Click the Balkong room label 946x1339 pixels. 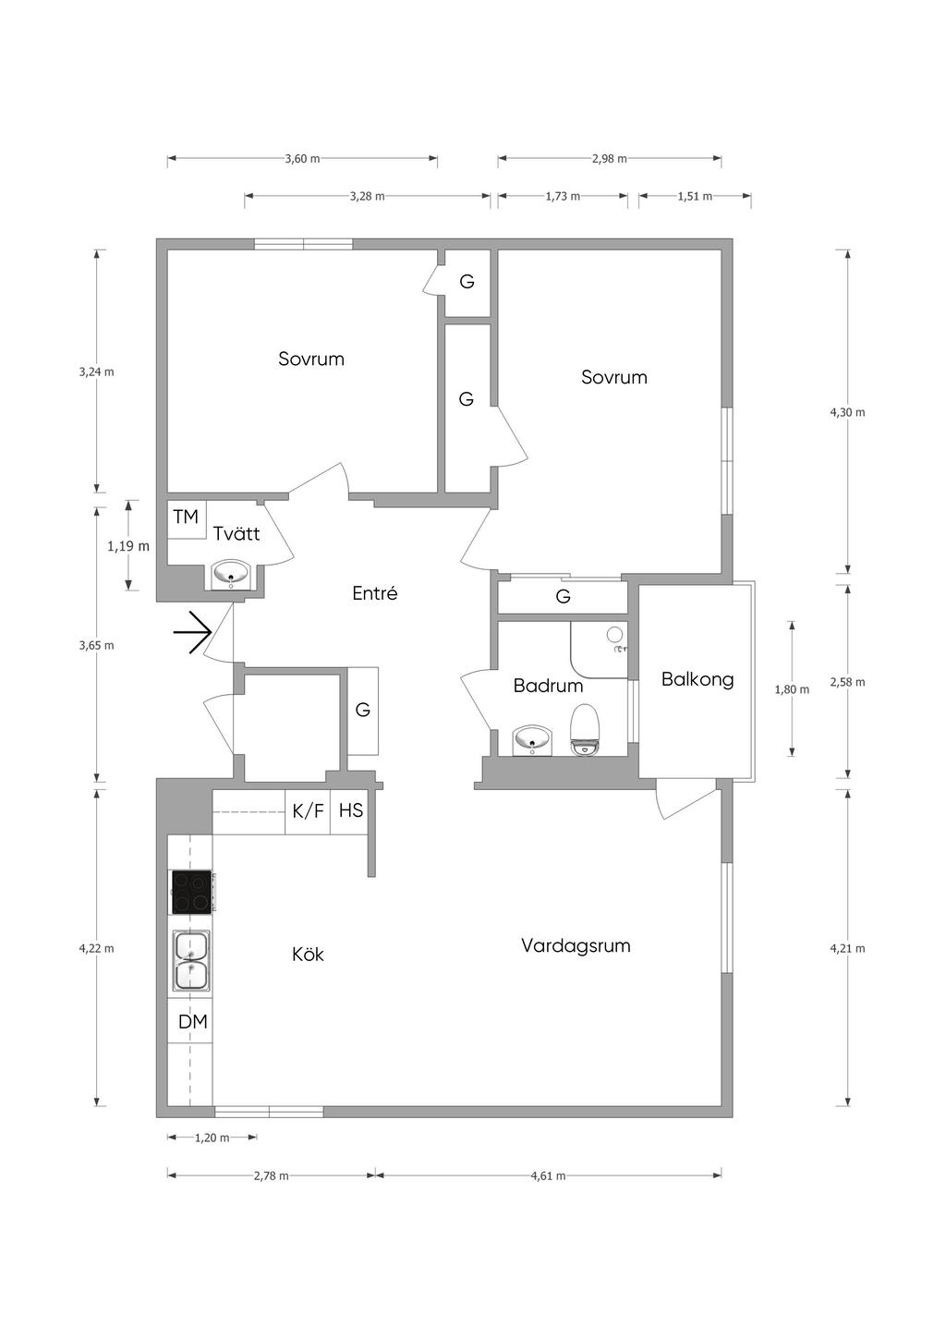[x=697, y=680]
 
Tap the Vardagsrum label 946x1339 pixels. [x=576, y=945]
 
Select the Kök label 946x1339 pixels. [x=308, y=954]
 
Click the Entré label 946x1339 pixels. [x=375, y=593]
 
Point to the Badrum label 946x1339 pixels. [x=548, y=686]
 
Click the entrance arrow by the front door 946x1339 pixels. [x=192, y=632]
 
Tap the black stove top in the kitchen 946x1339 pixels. [x=191, y=891]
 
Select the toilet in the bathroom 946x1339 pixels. [x=585, y=730]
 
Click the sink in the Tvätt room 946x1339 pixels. [x=231, y=575]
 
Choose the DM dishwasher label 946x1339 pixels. [x=192, y=1022]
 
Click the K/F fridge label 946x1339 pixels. [x=308, y=811]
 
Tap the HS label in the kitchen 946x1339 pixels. [x=351, y=810]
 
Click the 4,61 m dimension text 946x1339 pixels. [x=548, y=1176]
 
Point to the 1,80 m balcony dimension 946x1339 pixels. [x=792, y=689]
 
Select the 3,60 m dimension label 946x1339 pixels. [x=302, y=159]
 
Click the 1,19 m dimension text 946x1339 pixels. [x=127, y=546]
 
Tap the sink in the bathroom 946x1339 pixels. [x=533, y=740]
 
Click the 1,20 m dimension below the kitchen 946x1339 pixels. [x=212, y=1138]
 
